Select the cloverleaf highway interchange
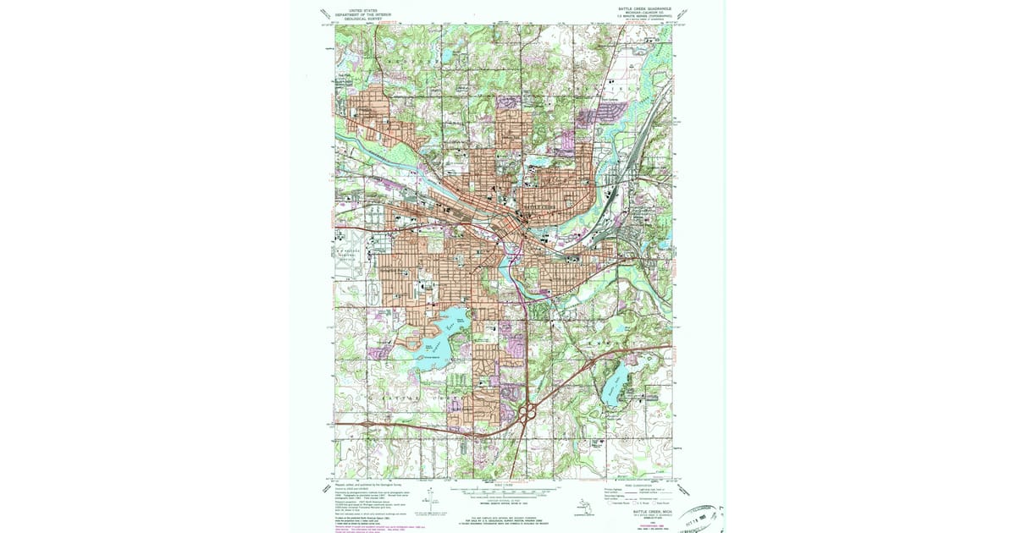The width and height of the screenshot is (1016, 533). [527, 414]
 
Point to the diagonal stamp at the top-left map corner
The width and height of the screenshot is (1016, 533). [325, 14]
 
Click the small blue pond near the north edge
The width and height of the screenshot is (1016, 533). [446, 57]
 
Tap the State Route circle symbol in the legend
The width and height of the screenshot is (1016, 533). [658, 503]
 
